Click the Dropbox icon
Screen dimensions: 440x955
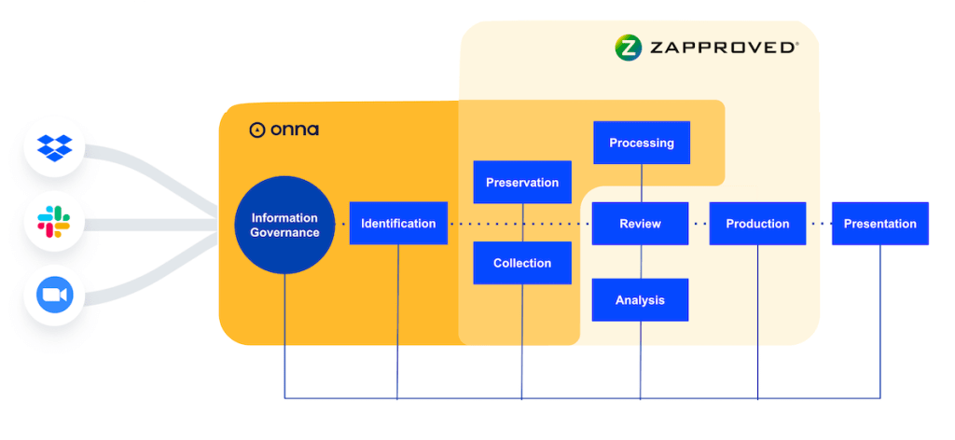click(54, 147)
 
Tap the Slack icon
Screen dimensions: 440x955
click(54, 222)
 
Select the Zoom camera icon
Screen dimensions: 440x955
click(54, 296)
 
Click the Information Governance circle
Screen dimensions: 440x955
click(284, 225)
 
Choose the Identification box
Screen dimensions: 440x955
click(398, 224)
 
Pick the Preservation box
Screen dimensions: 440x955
click(522, 183)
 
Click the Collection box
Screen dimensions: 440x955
click(522, 263)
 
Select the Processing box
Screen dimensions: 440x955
click(642, 143)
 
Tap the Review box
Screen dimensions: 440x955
click(640, 224)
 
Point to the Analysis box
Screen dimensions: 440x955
click(640, 300)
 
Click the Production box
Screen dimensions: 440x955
click(757, 224)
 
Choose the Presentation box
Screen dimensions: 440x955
click(879, 224)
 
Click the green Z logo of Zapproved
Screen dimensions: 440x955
click(629, 48)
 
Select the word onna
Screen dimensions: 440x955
click(295, 130)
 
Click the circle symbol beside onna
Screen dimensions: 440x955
click(257, 131)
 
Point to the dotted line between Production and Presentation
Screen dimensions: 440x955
click(819, 224)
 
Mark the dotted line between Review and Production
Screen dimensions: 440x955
click(699, 224)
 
